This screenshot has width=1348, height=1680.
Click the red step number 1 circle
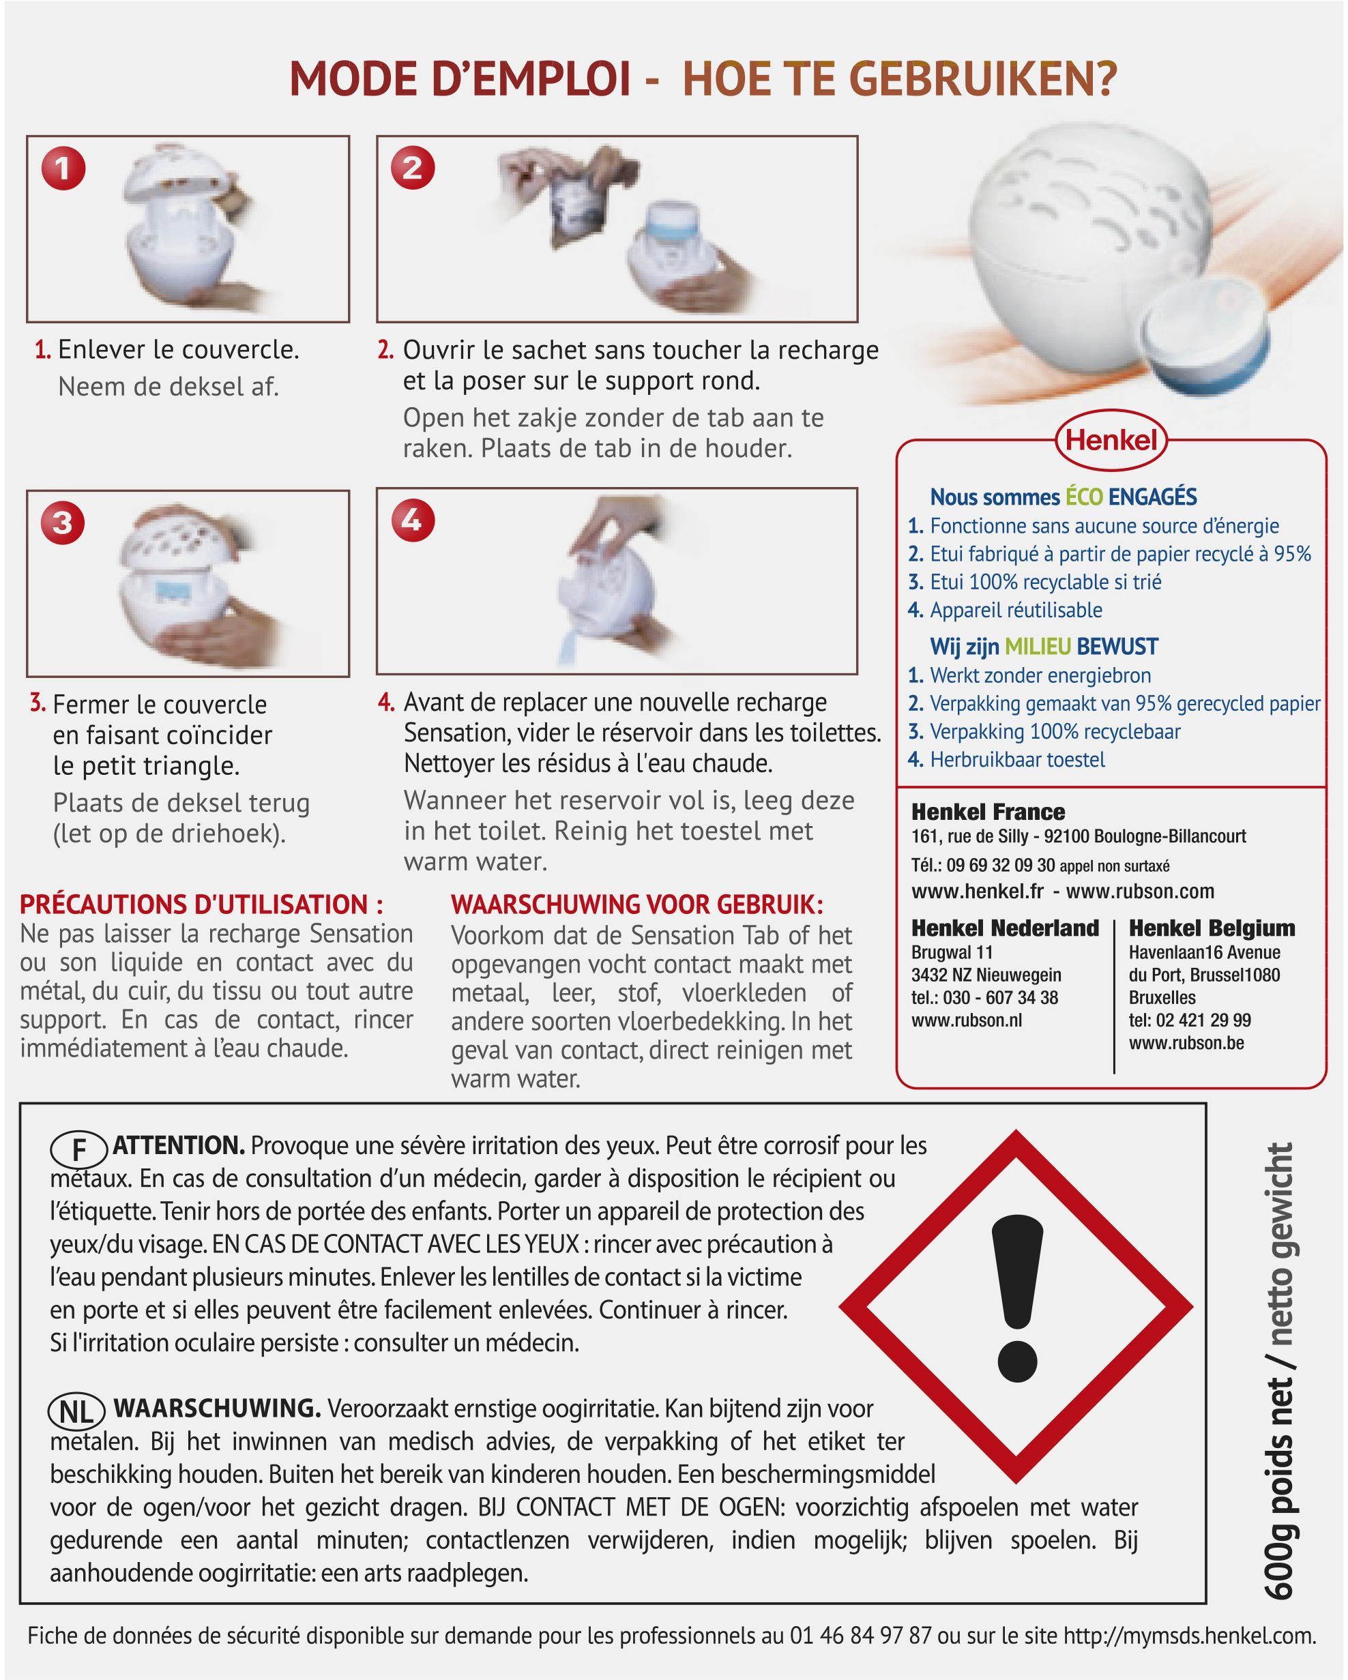point(63,168)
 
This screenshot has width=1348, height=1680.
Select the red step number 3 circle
point(63,522)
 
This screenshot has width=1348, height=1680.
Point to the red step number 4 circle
point(412,519)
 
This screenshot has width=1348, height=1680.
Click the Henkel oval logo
point(1111,440)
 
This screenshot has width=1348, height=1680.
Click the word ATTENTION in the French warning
point(179,1145)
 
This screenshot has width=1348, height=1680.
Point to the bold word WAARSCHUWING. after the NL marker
point(218,1409)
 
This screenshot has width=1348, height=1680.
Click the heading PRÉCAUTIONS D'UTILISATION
point(201,904)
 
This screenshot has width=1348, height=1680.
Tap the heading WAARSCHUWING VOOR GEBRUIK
point(637,904)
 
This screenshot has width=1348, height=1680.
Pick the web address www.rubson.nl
point(966,1020)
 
